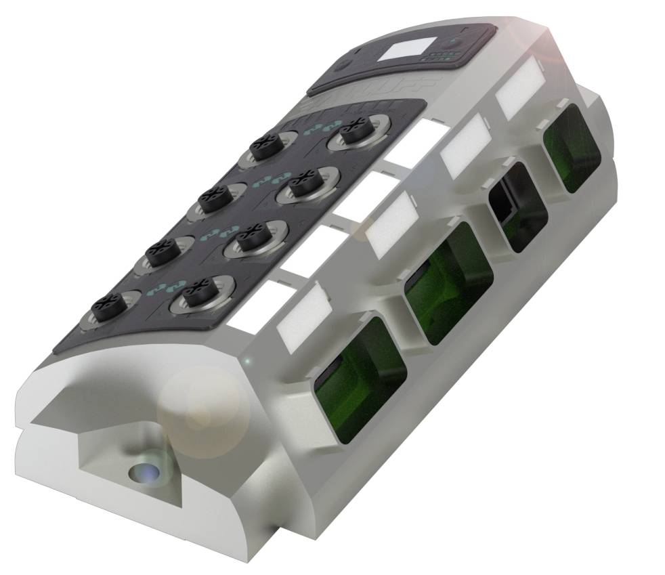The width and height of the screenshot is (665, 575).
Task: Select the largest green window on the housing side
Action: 361,379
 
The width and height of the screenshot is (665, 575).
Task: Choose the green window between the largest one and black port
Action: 448,280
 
